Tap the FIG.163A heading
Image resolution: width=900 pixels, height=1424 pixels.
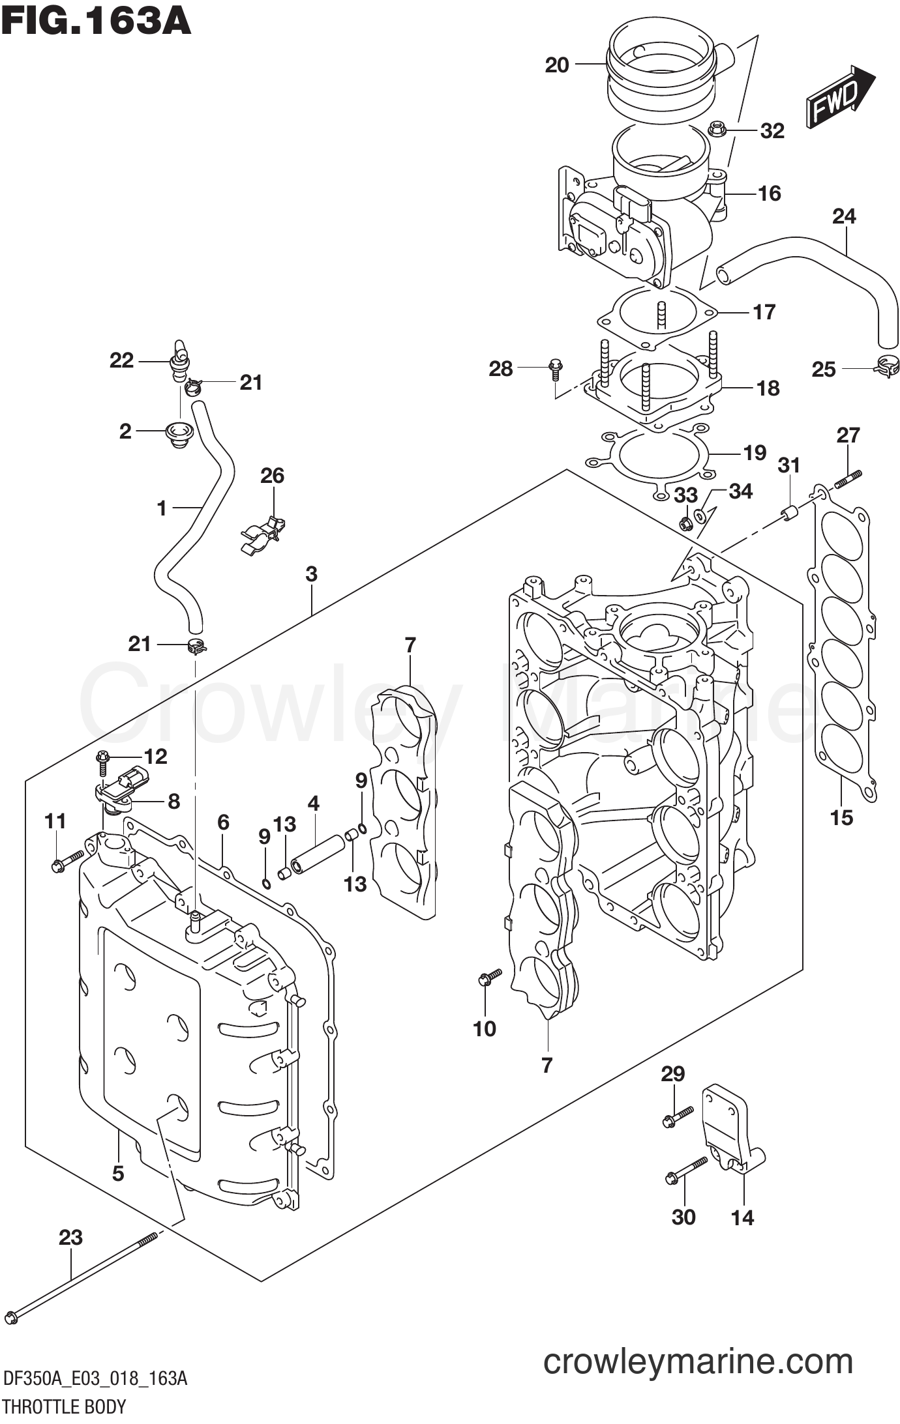coord(97,21)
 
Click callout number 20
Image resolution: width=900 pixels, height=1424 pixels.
coord(556,65)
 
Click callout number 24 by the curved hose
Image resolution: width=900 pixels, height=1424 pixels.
coord(844,216)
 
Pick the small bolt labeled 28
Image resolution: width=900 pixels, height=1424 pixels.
coord(555,370)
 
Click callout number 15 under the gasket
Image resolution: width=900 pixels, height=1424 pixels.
coord(841,817)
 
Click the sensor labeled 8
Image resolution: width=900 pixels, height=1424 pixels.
coord(124,788)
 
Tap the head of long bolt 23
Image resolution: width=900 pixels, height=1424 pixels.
coord(12,1317)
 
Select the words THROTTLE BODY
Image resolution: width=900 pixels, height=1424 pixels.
coord(64,1406)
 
